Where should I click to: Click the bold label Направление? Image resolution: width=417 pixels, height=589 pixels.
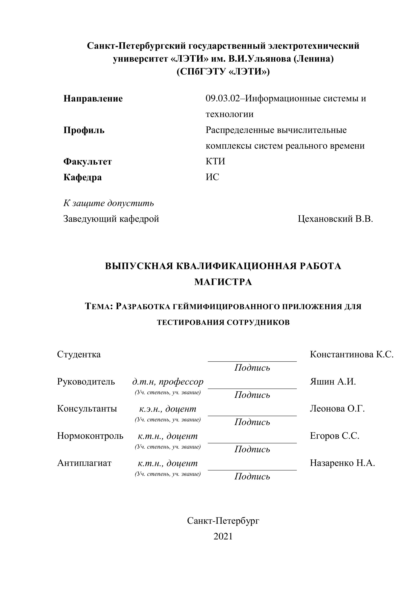(93, 99)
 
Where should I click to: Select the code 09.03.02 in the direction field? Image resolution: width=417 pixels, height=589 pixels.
(222, 99)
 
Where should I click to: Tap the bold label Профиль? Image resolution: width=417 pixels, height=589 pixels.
(84, 130)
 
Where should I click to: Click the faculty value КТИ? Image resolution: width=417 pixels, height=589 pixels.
(215, 161)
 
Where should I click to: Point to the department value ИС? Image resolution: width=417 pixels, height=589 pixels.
(212, 177)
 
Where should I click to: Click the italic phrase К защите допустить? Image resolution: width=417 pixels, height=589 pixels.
(109, 203)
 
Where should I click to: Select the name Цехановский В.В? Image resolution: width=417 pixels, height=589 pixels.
(335, 219)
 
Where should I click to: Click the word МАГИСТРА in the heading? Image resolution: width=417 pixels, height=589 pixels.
(223, 282)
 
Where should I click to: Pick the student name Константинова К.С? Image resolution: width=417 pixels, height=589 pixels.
(351, 354)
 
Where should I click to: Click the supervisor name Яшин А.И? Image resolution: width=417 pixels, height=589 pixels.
(333, 382)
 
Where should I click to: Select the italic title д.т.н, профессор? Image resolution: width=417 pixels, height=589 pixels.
(168, 382)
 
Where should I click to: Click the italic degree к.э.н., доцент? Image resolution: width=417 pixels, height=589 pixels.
(168, 409)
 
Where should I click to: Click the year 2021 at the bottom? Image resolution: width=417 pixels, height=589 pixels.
(223, 536)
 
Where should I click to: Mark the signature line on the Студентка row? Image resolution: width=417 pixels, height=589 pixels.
(252, 361)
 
